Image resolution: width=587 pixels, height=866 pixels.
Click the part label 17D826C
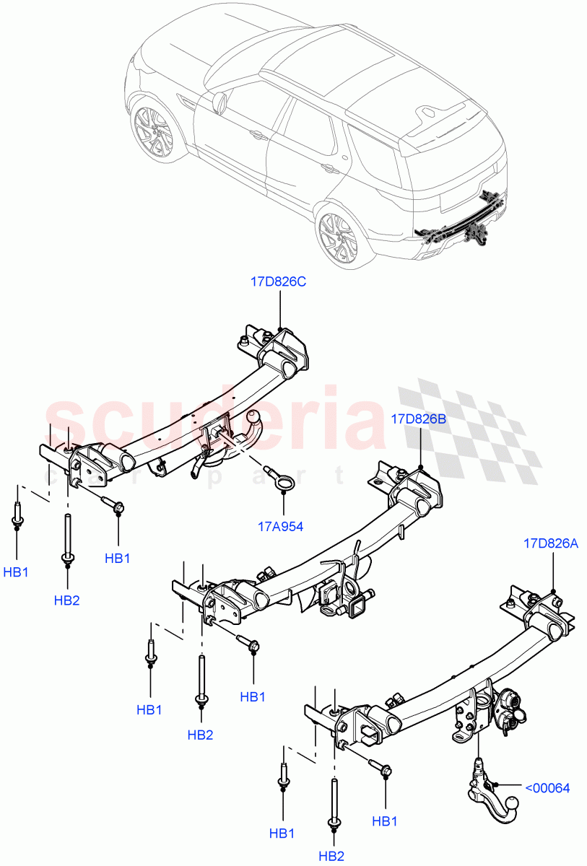278,282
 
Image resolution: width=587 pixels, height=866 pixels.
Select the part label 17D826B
419,418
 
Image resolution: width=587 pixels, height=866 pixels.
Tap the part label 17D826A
552,543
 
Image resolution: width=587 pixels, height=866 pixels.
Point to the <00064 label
547,788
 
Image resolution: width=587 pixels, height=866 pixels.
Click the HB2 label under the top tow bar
66,600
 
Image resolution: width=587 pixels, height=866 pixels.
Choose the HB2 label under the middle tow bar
200,735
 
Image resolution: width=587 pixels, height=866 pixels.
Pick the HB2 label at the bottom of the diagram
331,856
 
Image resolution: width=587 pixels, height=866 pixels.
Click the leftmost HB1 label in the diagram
16,572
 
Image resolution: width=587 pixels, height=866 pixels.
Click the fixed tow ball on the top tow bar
255,419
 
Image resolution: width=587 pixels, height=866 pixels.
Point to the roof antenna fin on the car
430,111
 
